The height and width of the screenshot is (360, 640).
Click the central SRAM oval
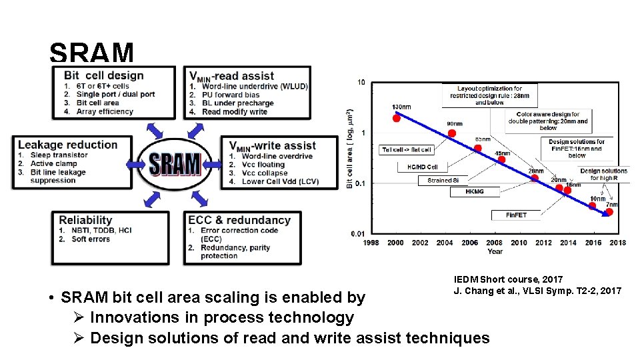[175, 163]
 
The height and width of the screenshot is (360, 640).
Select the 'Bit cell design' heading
[104, 75]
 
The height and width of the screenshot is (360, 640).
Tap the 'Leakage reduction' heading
[68, 145]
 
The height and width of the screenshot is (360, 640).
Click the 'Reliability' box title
[85, 220]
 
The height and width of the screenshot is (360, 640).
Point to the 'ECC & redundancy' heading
[239, 220]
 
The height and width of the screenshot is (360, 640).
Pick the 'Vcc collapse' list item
[264, 173]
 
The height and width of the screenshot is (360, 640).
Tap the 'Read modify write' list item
[234, 112]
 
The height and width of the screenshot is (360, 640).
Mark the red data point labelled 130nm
[396, 118]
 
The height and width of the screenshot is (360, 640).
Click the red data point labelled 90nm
[452, 133]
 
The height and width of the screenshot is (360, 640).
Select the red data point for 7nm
[609, 213]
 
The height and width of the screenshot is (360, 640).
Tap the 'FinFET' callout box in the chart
[515, 215]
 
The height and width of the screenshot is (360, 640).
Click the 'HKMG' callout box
[474, 191]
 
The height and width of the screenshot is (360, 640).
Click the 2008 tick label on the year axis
[494, 243]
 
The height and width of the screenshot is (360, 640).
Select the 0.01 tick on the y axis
[358, 233]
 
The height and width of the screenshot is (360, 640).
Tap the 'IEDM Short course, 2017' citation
[508, 279]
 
